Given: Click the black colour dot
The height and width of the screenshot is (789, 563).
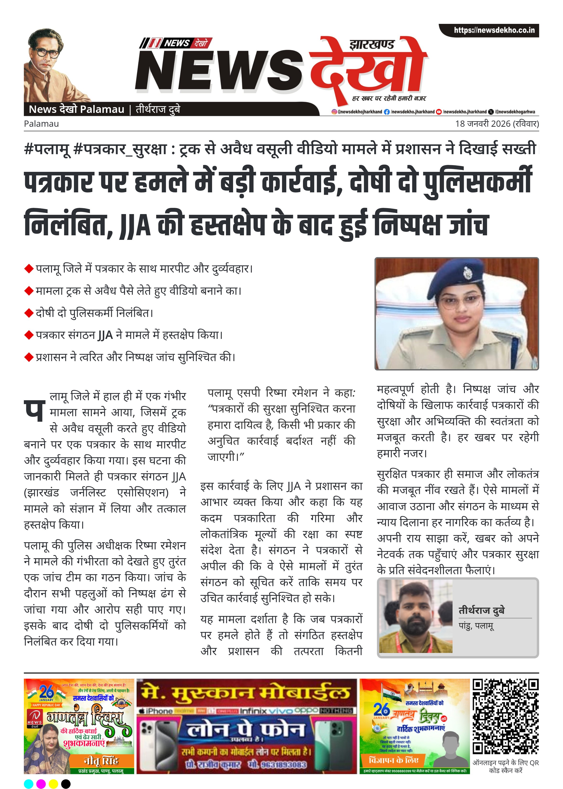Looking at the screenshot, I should click(66, 781).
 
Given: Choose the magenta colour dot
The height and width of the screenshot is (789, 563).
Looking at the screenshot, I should click(41, 781).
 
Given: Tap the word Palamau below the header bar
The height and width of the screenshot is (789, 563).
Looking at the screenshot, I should click(41, 124).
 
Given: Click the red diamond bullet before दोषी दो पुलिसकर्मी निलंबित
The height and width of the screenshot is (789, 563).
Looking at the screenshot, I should click(28, 313).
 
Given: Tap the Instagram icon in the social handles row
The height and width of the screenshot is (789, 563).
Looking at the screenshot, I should click(334, 112).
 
